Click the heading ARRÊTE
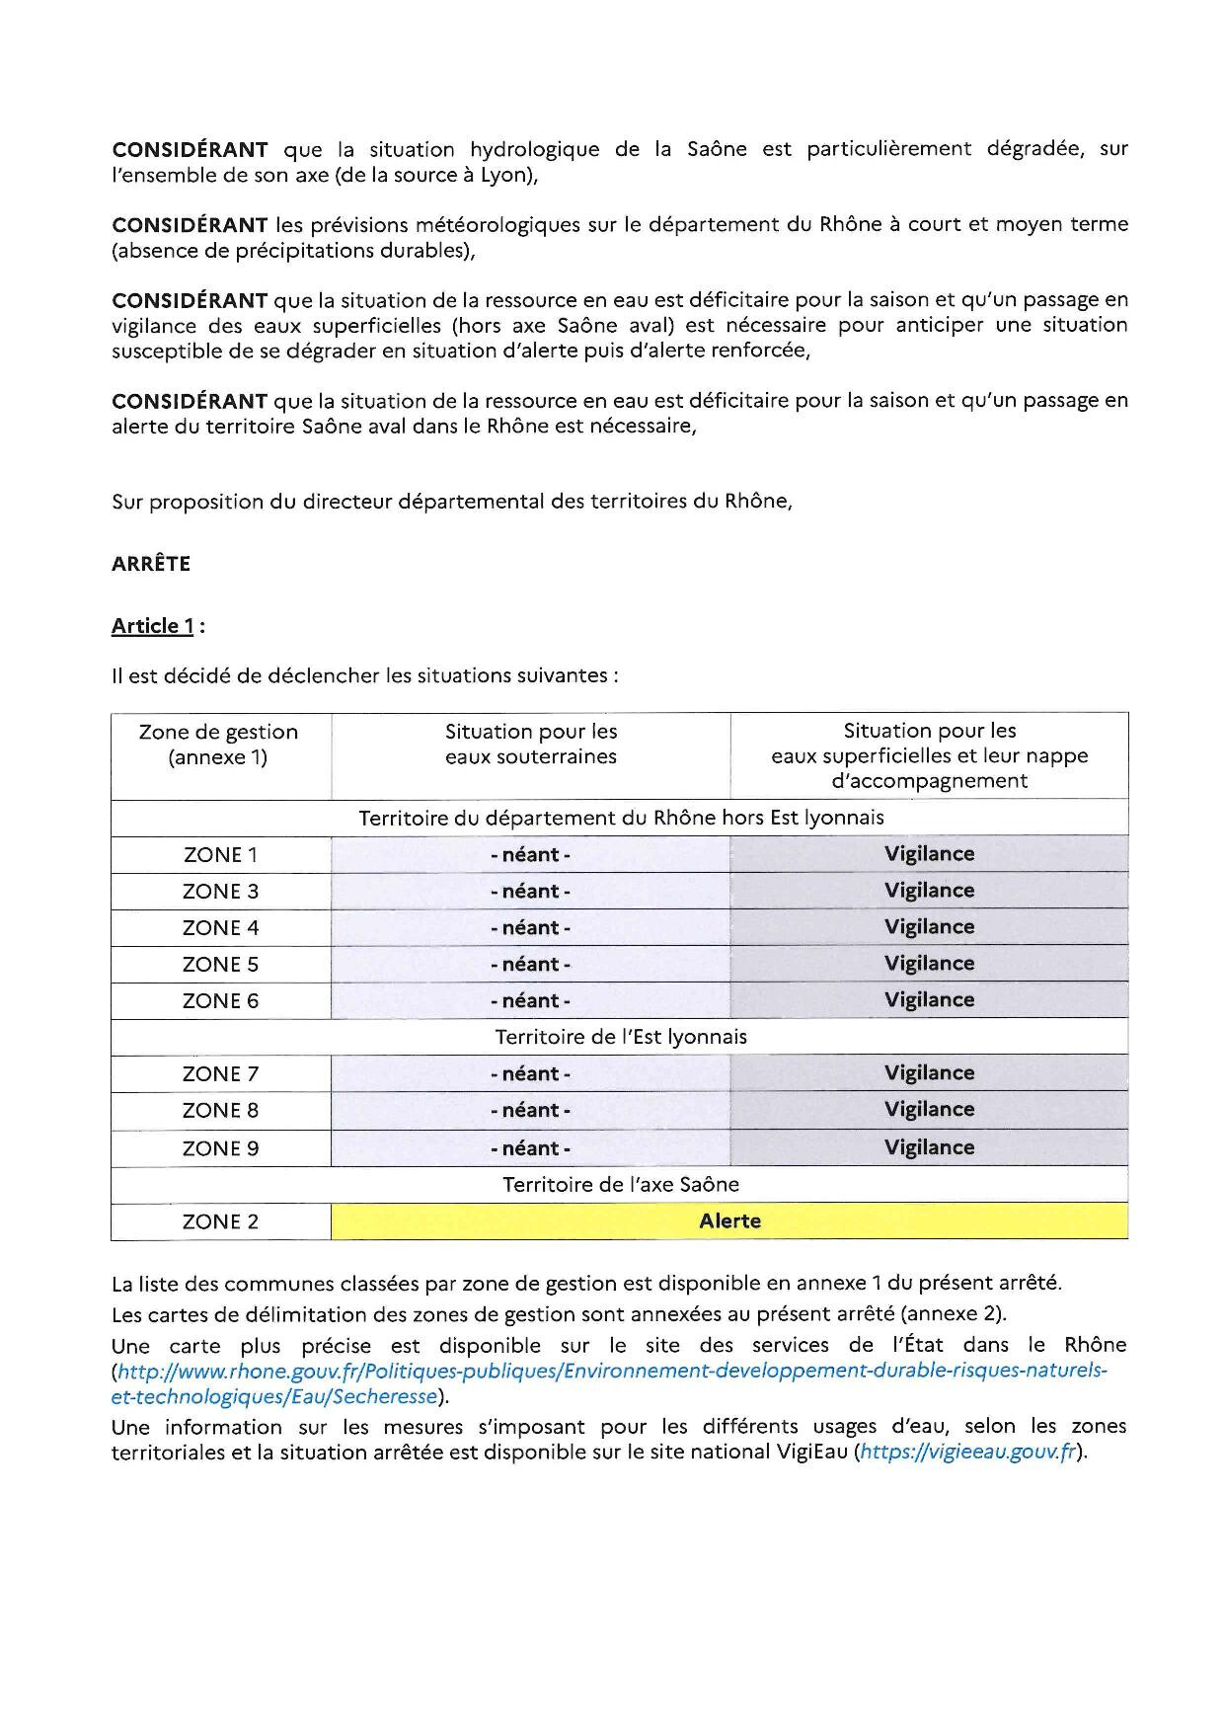[x=151, y=564]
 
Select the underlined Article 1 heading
[x=153, y=626]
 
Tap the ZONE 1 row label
[x=220, y=855]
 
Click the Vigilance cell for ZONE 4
[x=929, y=927]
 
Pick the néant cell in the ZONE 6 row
[x=530, y=1001]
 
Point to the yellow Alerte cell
[x=729, y=1221]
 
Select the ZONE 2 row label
[x=220, y=1222]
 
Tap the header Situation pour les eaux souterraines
[x=530, y=745]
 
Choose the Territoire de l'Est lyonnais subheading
[x=621, y=1038]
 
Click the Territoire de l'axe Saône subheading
[x=621, y=1185]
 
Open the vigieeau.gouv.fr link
[x=967, y=1453]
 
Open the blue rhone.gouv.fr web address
[x=612, y=1372]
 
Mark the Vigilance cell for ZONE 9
[x=929, y=1148]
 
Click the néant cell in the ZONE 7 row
[x=530, y=1074]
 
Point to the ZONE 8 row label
[x=220, y=1111]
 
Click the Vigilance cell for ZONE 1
[x=929, y=854]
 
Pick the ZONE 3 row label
[x=220, y=892]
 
